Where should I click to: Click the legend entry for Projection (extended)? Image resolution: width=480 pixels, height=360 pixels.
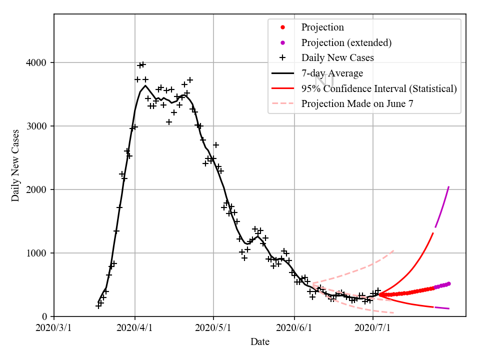(x=346, y=42)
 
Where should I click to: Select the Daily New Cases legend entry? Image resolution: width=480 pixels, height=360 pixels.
(x=337, y=57)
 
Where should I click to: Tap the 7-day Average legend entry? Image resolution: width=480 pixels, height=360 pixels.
(x=332, y=73)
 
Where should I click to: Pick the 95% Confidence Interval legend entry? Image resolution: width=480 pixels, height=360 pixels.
(x=378, y=88)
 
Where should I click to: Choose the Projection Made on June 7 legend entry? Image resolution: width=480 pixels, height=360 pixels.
(x=357, y=104)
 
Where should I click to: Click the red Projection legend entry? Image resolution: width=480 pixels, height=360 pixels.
(x=322, y=27)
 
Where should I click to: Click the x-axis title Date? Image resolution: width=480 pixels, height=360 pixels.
(x=260, y=342)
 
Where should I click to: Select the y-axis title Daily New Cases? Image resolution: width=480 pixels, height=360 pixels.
(x=15, y=165)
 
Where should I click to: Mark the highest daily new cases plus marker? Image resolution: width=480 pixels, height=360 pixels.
(x=142, y=64)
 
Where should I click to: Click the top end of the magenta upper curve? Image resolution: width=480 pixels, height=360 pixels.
(x=448, y=187)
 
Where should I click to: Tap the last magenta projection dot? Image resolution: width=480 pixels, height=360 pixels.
(x=448, y=283)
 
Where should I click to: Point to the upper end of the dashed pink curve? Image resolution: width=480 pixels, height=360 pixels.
(x=394, y=250)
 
